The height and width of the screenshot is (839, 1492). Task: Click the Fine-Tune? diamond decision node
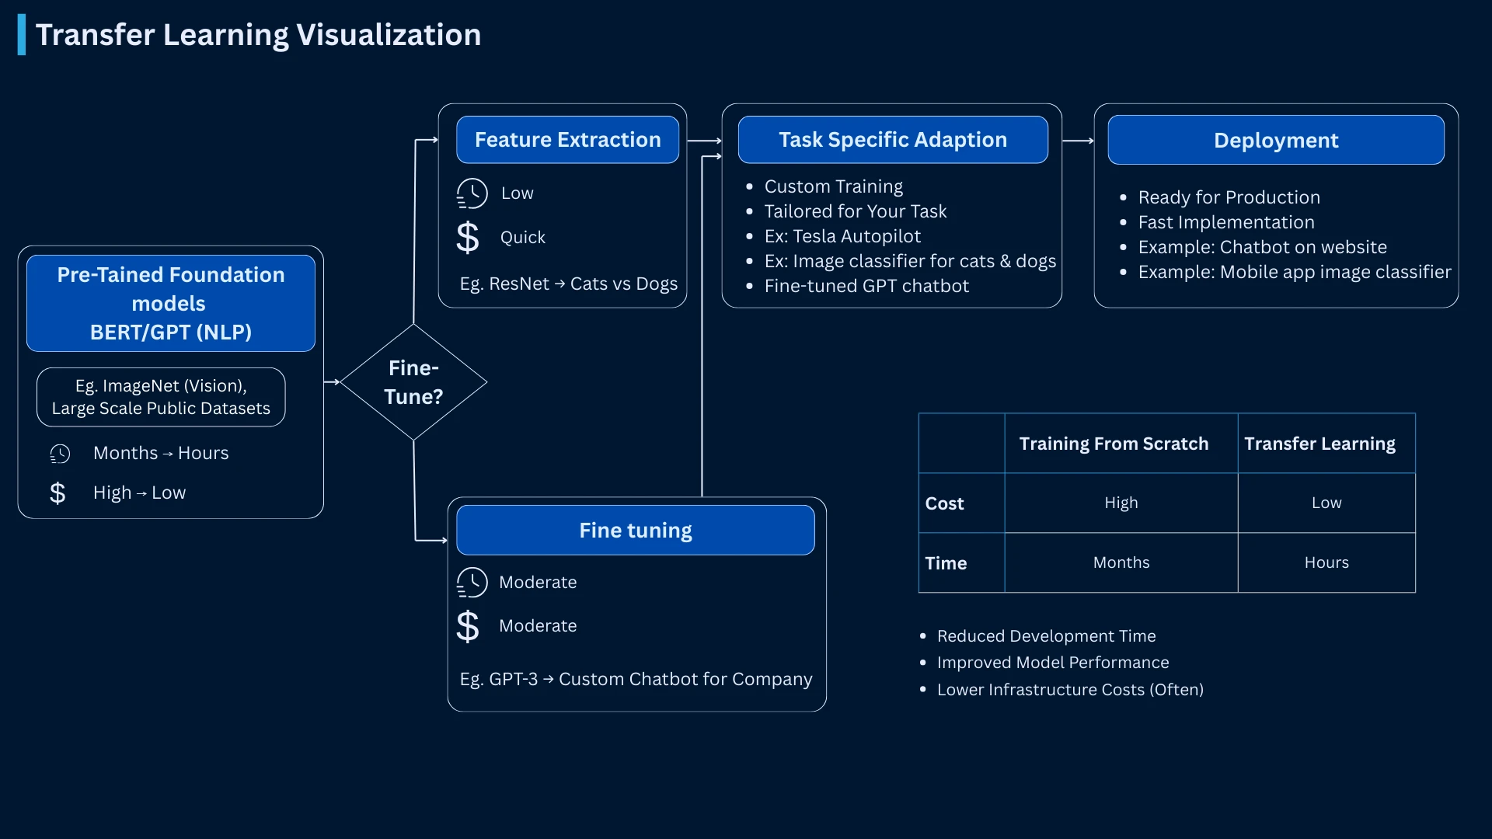pyautogui.click(x=413, y=382)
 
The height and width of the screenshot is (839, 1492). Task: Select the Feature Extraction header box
pyautogui.click(x=567, y=140)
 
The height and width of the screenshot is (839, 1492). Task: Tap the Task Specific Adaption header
pyautogui.click(x=892, y=140)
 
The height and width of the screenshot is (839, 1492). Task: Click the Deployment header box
pyautogui.click(x=1275, y=141)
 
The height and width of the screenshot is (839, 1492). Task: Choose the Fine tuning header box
pyautogui.click(x=635, y=531)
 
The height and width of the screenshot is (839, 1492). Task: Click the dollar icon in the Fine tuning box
pyautogui.click(x=468, y=626)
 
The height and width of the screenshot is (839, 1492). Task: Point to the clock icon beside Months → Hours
pyautogui.click(x=60, y=454)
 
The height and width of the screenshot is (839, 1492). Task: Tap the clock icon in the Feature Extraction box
pyautogui.click(x=472, y=193)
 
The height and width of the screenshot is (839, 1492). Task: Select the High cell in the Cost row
pyautogui.click(x=1121, y=503)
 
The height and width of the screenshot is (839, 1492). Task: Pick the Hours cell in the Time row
pyautogui.click(x=1326, y=562)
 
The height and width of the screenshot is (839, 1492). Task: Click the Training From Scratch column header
pyautogui.click(x=1113, y=444)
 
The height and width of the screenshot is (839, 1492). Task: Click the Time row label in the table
pyautogui.click(x=946, y=563)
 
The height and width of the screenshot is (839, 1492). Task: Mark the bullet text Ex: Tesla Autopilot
pyautogui.click(x=842, y=236)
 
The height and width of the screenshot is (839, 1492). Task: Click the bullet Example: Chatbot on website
pyautogui.click(x=1262, y=247)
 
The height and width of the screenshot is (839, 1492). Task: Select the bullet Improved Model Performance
pyautogui.click(x=1052, y=663)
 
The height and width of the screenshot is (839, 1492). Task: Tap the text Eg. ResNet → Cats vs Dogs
pyautogui.click(x=568, y=284)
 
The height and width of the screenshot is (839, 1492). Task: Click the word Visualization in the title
pyautogui.click(x=389, y=35)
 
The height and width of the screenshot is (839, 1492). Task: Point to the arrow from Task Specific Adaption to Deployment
pyautogui.click(x=1078, y=141)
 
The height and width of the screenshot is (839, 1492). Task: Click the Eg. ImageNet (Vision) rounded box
pyautogui.click(x=161, y=397)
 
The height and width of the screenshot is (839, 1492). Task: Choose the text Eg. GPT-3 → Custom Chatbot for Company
pyautogui.click(x=636, y=680)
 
